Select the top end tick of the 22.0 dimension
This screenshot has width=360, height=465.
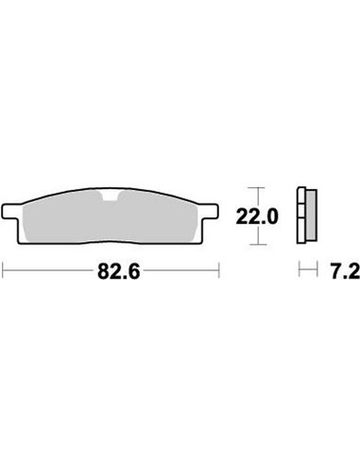point(250,184)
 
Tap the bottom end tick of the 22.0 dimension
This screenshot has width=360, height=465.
point(250,245)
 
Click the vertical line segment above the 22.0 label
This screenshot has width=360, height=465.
point(250,195)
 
